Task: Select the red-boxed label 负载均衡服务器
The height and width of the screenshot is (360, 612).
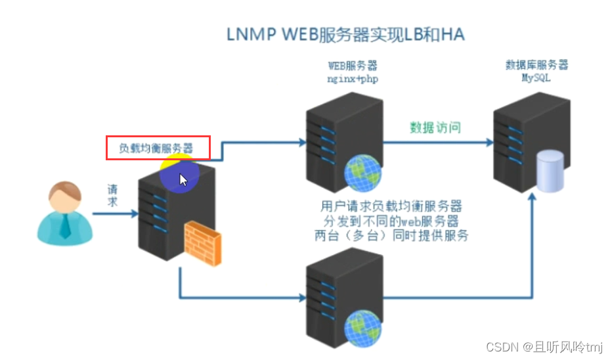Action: pyautogui.click(x=158, y=148)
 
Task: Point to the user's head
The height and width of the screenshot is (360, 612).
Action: pyautogui.click(x=65, y=198)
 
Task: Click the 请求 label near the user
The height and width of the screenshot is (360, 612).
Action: pyautogui.click(x=113, y=195)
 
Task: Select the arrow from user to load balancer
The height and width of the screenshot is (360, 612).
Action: pyautogui.click(x=114, y=214)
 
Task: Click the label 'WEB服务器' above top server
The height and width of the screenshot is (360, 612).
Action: pyautogui.click(x=353, y=66)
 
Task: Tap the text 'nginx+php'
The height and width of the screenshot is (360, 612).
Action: pyautogui.click(x=353, y=78)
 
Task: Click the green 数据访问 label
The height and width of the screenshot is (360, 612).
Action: pyautogui.click(x=435, y=127)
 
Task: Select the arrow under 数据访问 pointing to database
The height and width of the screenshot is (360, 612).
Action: pyautogui.click(x=437, y=142)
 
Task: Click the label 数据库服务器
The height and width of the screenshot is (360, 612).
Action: pyautogui.click(x=536, y=65)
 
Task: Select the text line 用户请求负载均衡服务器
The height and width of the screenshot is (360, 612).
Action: pyautogui.click(x=392, y=205)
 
